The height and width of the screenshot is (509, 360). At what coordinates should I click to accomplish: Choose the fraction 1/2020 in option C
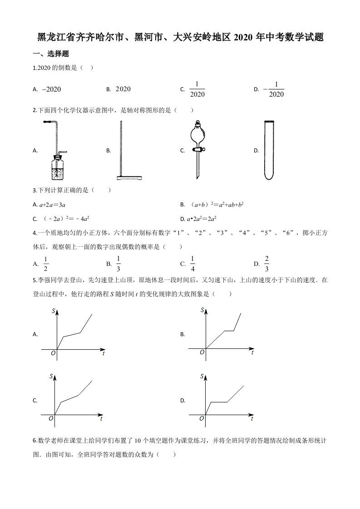point(197,89)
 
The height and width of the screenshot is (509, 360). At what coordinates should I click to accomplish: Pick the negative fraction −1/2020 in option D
point(274,89)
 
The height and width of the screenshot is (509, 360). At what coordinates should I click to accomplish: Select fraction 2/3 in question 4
point(267,264)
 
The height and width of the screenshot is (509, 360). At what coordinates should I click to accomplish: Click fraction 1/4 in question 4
point(192,264)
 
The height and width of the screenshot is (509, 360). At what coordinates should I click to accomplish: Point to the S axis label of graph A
point(53,311)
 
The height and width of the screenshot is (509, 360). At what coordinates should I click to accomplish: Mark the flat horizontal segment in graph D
point(218,402)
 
